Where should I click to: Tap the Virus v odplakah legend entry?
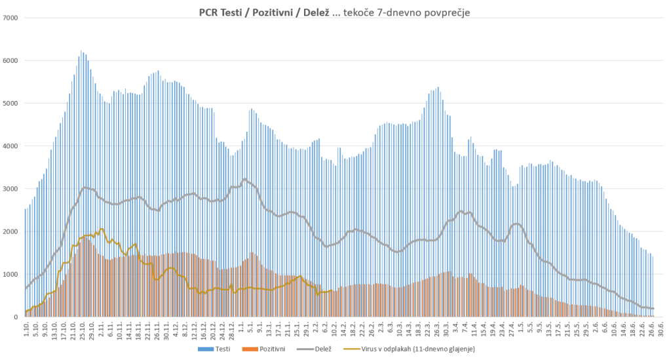(x=407, y=349)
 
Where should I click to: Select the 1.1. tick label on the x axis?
(x=241, y=328)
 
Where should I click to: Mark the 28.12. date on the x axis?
(x=232, y=329)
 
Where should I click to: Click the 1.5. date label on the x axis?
(x=521, y=328)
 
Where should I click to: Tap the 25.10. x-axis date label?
(x=82, y=329)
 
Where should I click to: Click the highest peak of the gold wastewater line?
(x=102, y=229)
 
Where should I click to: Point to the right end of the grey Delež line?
(x=653, y=308)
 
